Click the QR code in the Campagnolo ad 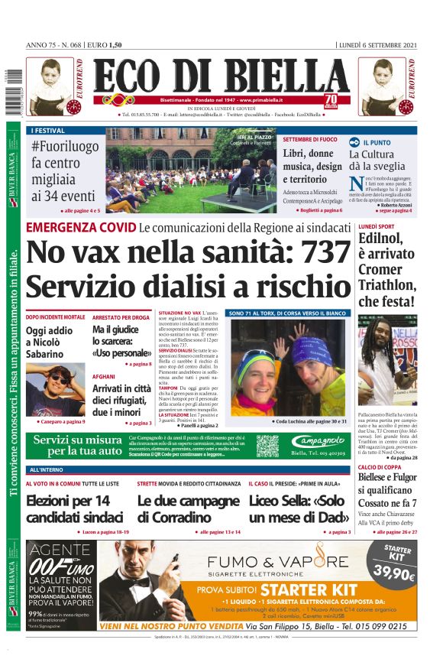point(267,446)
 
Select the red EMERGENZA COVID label point(80,228)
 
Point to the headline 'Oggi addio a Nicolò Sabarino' point(50,342)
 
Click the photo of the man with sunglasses point(55,390)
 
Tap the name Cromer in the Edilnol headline point(380,269)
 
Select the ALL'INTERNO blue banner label point(47,469)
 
